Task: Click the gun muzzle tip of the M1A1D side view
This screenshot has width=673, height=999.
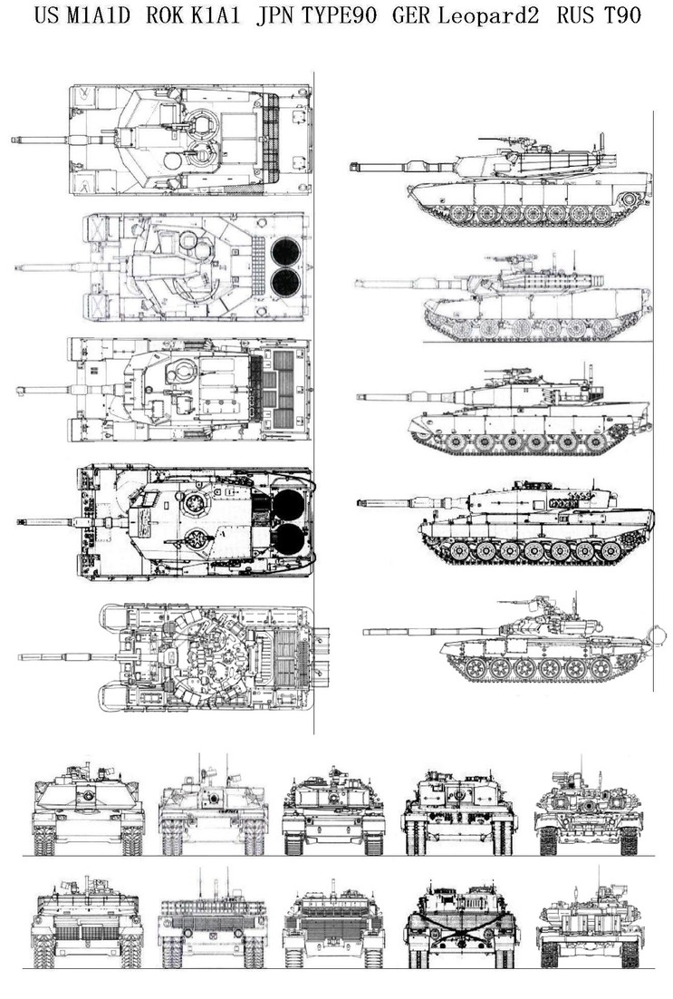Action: [351, 164]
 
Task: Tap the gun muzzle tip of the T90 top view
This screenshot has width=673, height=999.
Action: [20, 655]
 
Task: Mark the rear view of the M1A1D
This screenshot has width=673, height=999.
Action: [87, 925]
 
